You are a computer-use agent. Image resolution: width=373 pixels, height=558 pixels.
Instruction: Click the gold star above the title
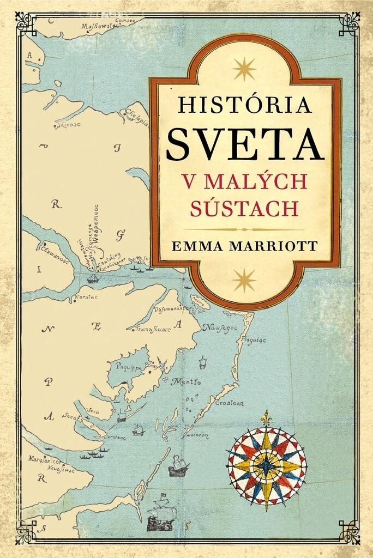coord(244,69)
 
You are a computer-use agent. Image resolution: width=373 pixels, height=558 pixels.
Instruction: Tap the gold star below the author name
coord(244,280)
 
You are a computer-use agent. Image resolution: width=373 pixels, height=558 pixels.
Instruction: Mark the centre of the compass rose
coord(267,466)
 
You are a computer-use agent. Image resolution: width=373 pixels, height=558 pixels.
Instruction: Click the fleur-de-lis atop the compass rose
coord(266,418)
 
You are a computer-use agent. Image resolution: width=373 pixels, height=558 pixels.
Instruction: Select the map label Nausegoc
coord(218,327)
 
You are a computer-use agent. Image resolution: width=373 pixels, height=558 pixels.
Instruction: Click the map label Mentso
coord(186,382)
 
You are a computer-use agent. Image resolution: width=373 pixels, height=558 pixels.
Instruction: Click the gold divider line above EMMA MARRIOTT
coord(244,229)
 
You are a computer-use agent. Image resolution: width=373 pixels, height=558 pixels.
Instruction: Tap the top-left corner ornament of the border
coord(25,23)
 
